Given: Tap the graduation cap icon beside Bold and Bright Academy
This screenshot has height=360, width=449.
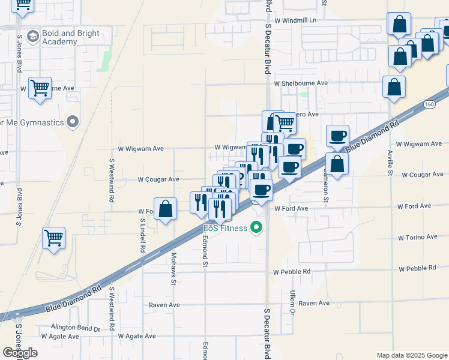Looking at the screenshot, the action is coord(32,37).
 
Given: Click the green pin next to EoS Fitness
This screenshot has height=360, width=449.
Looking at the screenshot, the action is coord(257,227).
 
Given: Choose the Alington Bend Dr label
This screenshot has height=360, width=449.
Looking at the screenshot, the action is coord(75,328).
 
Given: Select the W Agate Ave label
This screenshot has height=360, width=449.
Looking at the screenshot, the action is coord(137,337).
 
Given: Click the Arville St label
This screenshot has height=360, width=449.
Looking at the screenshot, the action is coord(390,163).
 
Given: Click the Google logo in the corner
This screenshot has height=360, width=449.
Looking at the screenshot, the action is coord(20,353).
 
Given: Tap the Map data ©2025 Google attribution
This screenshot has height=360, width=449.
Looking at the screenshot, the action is coord(411,355).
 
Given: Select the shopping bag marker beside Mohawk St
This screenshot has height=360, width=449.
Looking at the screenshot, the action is coord(166,209).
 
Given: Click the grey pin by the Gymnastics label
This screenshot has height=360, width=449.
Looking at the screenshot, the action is coord(73,122).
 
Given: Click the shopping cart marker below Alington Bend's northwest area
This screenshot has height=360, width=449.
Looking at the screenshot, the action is coord(54,238).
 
